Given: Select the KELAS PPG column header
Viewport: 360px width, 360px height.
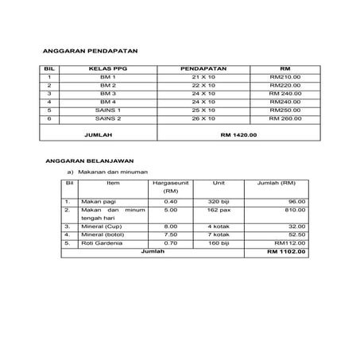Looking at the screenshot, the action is click(107, 68).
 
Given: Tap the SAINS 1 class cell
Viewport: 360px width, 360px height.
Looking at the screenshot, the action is click(107, 109).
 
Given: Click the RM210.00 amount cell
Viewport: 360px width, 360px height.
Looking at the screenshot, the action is click(285, 76).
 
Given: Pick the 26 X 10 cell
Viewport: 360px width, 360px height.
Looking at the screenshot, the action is click(203, 118).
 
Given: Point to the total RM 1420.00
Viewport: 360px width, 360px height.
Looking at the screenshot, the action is click(239, 136).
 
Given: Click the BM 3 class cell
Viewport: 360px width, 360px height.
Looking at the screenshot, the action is click(107, 93).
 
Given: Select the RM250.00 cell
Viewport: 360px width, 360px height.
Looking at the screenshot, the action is click(285, 109).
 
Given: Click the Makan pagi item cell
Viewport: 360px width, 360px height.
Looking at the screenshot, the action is click(97, 201).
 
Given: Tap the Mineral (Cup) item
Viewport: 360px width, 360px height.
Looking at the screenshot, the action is click(99, 226).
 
